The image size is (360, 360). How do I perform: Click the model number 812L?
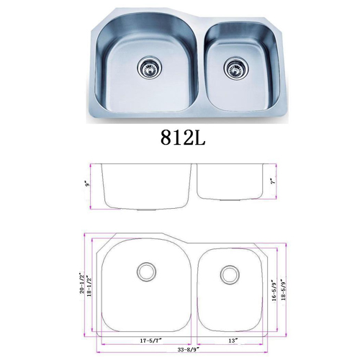tap(183, 138)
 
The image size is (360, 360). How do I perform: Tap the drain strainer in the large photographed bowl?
tap(150, 68)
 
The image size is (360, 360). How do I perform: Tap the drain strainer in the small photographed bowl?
tap(236, 68)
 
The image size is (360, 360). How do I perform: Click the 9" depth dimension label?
tap(88, 184)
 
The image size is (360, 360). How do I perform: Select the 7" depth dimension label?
tap(272, 181)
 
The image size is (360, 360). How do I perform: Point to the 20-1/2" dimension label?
tap(83, 282)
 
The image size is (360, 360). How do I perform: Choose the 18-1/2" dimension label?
tap(89, 287)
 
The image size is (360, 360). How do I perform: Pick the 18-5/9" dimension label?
tap(284, 289)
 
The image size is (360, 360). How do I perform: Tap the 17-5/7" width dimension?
tap(151, 341)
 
